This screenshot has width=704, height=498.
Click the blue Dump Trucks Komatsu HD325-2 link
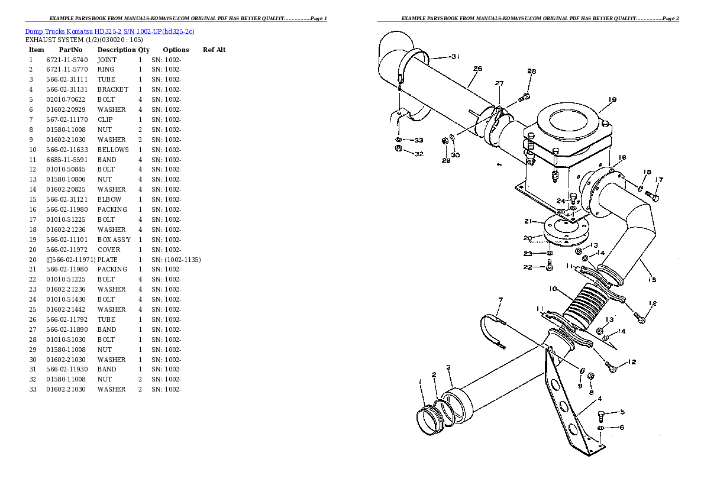pos(109,31)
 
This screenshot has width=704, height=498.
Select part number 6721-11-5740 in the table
pos(67,60)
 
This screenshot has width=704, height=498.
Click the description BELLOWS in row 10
pos(112,150)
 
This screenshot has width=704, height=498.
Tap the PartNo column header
pos(70,50)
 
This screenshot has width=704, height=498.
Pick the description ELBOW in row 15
pos(109,199)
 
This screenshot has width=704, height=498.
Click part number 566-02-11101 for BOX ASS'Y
pos(67,240)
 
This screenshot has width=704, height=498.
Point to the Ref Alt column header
pos(214,50)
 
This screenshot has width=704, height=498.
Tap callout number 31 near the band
pos(455,57)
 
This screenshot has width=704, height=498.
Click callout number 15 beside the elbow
pos(652,280)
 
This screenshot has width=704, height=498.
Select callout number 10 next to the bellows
pos(553,289)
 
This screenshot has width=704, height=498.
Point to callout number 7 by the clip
pos(500,300)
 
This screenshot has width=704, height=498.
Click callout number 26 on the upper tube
pos(477,69)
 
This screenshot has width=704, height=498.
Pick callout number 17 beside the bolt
pos(659,180)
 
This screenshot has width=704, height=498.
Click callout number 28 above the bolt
pos(531,72)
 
